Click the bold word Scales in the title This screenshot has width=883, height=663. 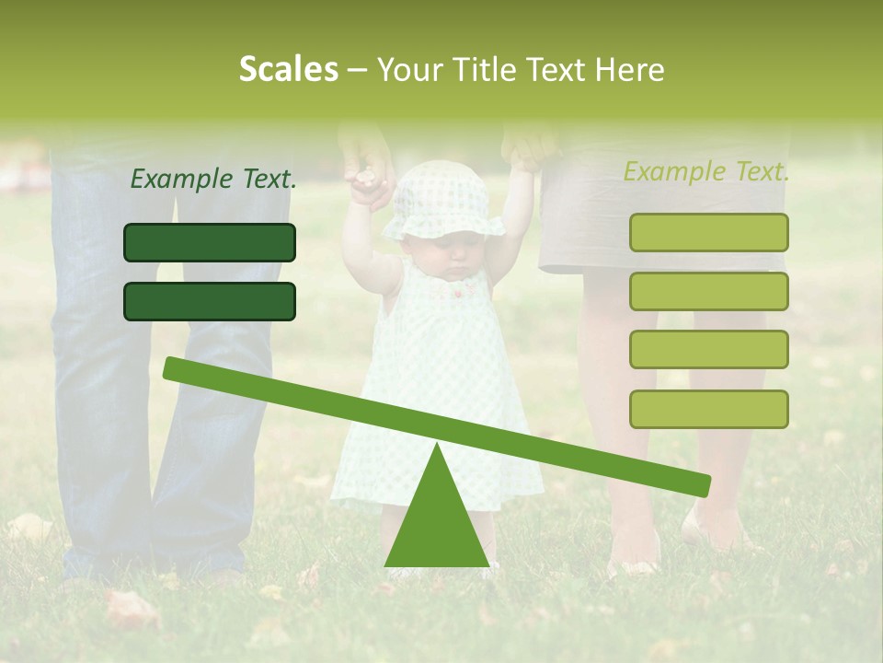[288, 70]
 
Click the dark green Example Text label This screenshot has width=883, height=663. [213, 179]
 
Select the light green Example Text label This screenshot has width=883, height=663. [706, 171]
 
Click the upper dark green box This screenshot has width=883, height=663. [210, 242]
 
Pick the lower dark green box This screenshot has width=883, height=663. [210, 301]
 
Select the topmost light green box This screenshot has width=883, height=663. [708, 232]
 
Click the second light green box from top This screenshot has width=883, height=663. [708, 291]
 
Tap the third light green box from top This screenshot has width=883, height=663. [708, 350]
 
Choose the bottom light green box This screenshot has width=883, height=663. [708, 409]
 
